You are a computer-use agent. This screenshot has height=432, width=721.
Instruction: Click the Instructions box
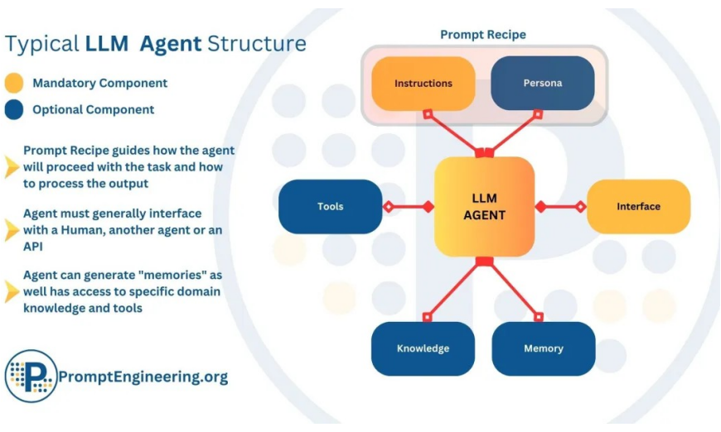click(423, 83)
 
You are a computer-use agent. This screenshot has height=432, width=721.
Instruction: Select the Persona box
click(543, 83)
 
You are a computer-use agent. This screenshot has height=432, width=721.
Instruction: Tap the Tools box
click(330, 207)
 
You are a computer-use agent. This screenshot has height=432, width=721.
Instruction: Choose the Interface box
click(638, 207)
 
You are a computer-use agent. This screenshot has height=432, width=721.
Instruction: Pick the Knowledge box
click(423, 348)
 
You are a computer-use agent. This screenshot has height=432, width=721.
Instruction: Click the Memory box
click(544, 348)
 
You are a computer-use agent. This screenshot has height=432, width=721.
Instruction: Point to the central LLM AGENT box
click(484, 207)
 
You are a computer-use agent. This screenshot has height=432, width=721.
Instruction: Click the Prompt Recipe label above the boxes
click(483, 35)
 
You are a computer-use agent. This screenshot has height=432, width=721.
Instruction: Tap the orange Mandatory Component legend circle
click(14, 83)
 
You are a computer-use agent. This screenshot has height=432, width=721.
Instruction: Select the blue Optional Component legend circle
click(14, 110)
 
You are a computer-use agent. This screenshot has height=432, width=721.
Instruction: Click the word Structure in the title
click(257, 44)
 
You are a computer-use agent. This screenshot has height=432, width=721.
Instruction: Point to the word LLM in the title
click(107, 44)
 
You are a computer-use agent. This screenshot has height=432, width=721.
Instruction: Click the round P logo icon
click(31, 376)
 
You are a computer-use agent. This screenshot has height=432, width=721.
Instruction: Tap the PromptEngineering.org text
click(143, 377)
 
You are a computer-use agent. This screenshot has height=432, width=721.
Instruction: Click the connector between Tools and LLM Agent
click(409, 207)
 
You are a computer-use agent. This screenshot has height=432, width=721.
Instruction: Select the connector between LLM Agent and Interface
click(560, 207)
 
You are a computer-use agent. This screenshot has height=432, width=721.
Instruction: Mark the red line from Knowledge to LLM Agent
click(454, 288)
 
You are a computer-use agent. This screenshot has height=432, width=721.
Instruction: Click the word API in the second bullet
click(33, 247)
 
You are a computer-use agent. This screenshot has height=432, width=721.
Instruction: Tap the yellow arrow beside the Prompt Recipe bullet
click(12, 166)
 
